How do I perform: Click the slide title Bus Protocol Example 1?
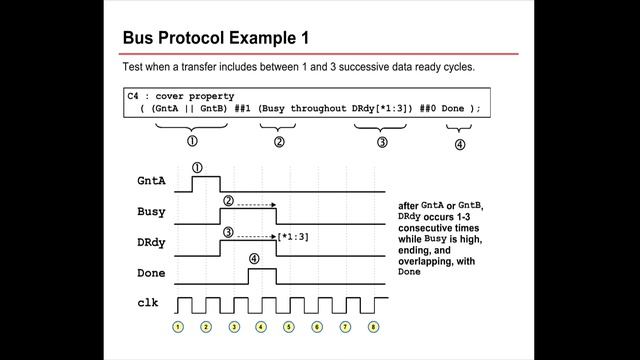(215, 38)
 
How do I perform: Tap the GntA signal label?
(153, 183)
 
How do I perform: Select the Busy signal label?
(153, 212)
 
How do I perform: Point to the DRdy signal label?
(153, 241)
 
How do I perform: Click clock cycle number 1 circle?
(178, 326)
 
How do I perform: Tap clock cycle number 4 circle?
(262, 326)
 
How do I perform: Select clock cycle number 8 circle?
(374, 326)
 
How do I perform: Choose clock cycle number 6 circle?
(318, 326)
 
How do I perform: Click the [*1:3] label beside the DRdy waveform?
(294, 236)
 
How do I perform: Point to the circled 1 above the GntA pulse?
(197, 168)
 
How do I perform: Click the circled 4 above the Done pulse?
(254, 258)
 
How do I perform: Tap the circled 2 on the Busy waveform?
(229, 200)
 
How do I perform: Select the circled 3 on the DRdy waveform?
(229, 232)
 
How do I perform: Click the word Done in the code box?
(453, 108)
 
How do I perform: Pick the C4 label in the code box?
(134, 94)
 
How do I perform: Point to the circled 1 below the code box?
(192, 142)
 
